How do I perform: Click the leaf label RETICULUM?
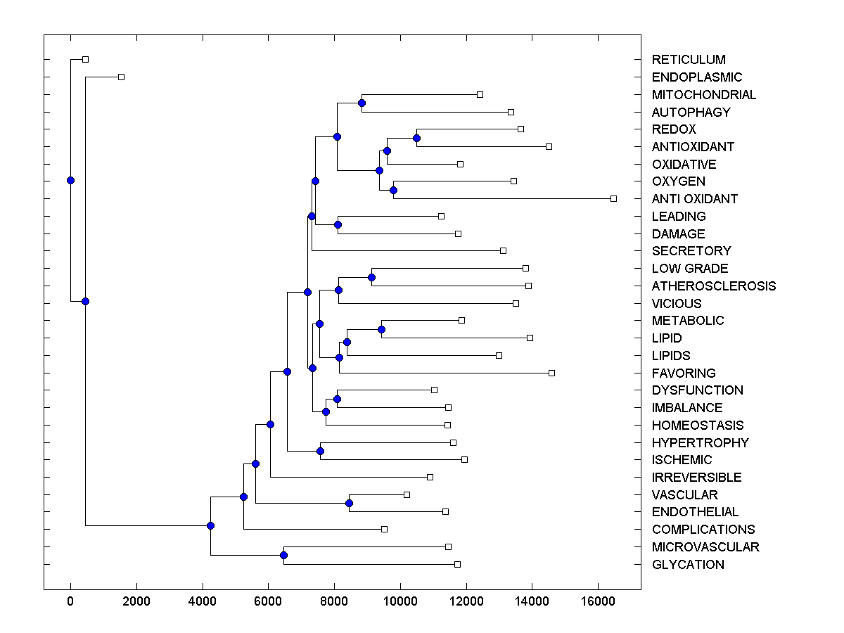[x=689, y=60]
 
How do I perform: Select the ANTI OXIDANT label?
[x=695, y=199]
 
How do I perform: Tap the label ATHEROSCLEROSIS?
[x=714, y=286]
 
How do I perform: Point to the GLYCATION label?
[x=688, y=565]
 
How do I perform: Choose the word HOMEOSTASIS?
[x=698, y=426]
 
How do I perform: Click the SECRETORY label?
[x=691, y=251]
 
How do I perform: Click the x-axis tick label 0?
[x=70, y=601]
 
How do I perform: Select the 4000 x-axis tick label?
[x=203, y=601]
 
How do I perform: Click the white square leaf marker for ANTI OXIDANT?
[x=613, y=199]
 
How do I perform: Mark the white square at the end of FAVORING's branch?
[x=551, y=373]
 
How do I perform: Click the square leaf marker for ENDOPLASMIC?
[x=121, y=77]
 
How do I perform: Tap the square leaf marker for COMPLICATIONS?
[x=384, y=529]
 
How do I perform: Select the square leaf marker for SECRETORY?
[x=503, y=250]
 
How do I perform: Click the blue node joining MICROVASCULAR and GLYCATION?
[x=283, y=556]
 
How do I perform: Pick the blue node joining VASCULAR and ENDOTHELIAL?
[x=349, y=503]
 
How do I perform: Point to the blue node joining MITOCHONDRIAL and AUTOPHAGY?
[x=362, y=103]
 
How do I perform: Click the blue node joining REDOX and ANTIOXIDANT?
[x=416, y=138]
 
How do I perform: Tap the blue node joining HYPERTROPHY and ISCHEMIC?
[x=320, y=451]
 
